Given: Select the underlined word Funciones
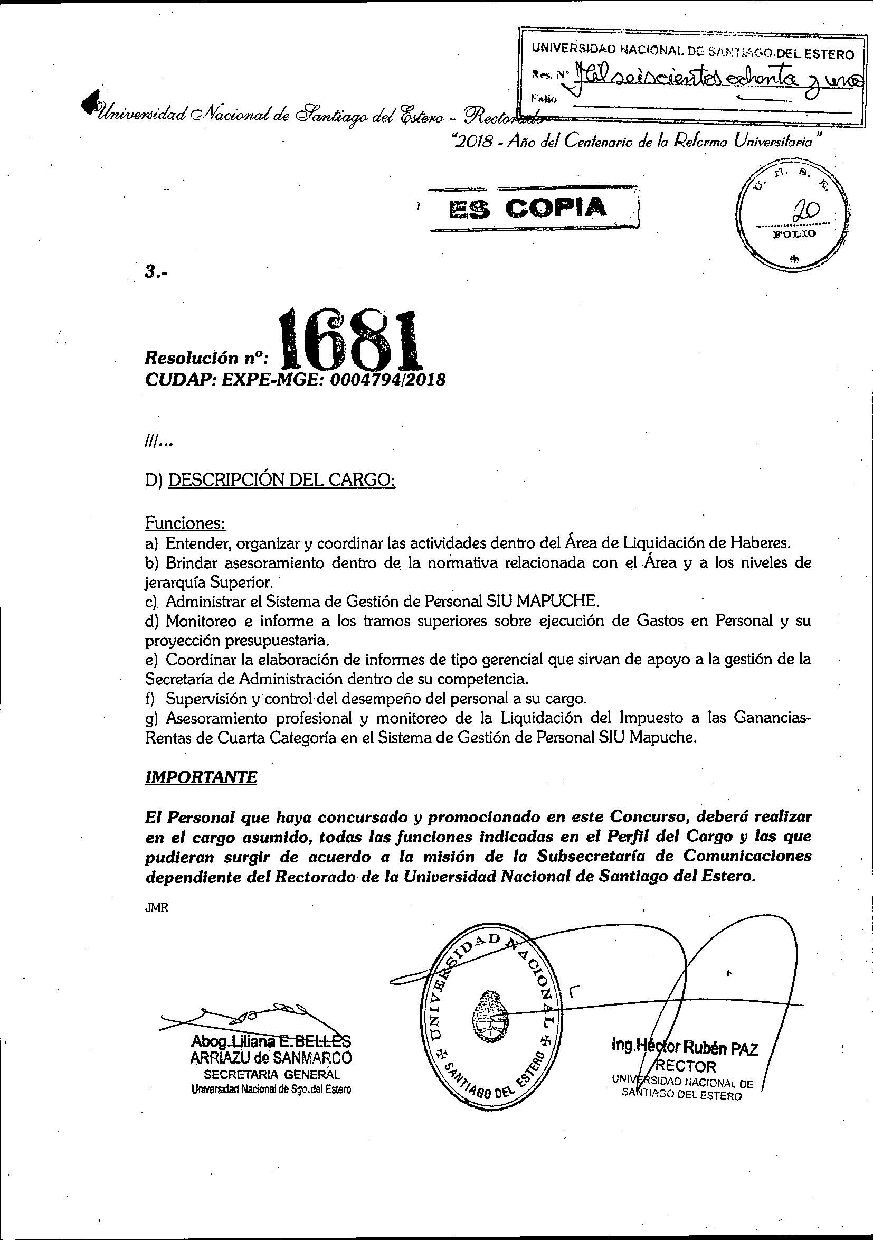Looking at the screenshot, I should point(185,523).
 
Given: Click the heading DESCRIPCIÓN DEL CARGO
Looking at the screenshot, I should point(282,480).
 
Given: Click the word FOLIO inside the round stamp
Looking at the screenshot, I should point(794,234).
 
